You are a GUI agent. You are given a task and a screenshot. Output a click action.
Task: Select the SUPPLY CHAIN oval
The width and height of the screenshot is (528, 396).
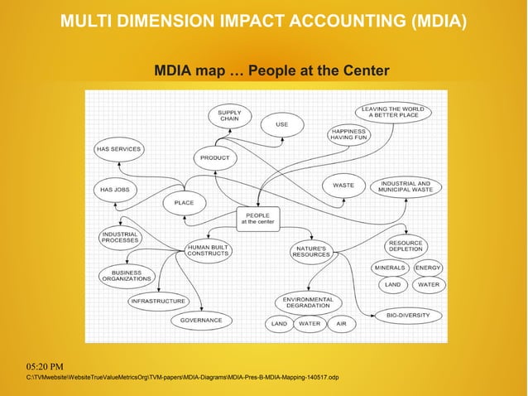(x=229, y=117)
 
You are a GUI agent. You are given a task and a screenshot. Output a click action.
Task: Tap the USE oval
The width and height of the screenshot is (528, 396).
(x=281, y=125)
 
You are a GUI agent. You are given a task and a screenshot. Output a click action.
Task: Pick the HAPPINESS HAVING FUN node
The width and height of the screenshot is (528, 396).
(x=348, y=134)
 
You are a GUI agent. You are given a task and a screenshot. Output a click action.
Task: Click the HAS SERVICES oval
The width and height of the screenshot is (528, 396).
(x=118, y=149)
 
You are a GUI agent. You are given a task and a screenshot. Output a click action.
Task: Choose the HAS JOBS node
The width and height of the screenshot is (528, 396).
(x=114, y=190)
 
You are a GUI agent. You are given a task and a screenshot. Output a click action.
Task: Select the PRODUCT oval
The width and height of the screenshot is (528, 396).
(x=215, y=157)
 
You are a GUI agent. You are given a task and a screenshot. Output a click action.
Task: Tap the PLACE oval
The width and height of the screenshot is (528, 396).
(x=184, y=202)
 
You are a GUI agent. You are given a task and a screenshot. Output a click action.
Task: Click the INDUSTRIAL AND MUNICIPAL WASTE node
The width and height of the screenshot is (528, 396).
(x=406, y=186)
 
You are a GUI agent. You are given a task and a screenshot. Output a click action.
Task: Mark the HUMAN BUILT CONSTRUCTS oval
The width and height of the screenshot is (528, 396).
(x=207, y=250)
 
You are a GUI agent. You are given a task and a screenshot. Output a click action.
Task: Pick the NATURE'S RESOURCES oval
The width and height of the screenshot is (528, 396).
(x=310, y=250)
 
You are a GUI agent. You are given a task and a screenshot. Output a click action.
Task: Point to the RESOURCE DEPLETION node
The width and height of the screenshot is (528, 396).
(x=406, y=246)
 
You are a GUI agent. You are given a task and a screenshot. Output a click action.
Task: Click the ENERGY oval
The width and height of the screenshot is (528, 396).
(x=428, y=268)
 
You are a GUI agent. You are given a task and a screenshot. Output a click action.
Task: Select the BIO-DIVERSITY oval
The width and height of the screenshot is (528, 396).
(x=408, y=316)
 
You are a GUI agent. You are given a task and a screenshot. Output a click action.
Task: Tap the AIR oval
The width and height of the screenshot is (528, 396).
(x=341, y=324)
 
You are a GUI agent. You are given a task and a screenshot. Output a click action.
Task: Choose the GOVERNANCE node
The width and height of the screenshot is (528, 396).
(x=201, y=320)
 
